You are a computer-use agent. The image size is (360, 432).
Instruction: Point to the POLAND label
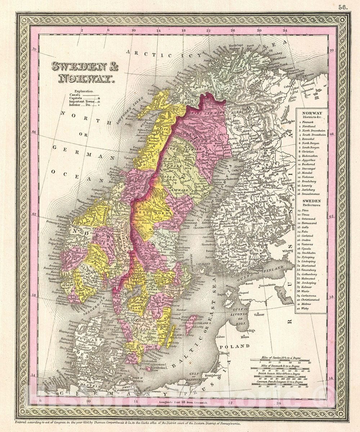(x=237, y=346)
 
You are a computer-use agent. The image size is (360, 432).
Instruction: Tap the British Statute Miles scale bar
(x=279, y=375)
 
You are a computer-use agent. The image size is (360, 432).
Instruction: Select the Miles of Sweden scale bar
(x=279, y=359)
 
